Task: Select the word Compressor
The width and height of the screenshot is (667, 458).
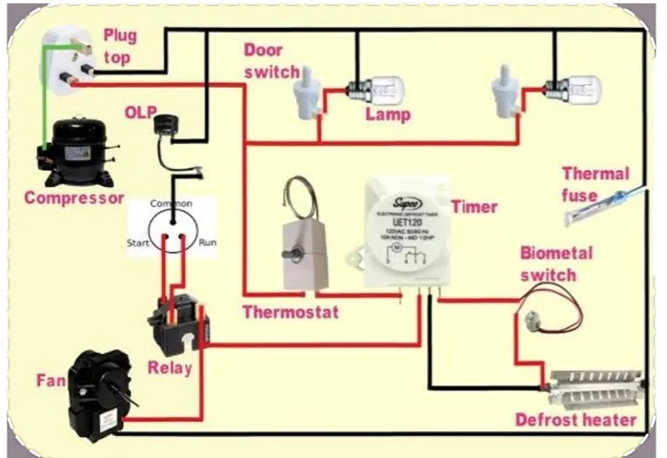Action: pos(73,198)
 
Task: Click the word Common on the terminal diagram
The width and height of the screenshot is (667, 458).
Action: pos(172,204)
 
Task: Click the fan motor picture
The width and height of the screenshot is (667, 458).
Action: pos(98,391)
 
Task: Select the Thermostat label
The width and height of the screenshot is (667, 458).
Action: pos(290,312)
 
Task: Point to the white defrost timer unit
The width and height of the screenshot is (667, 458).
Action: pos(405,234)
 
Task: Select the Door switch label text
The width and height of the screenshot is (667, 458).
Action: pos(272,61)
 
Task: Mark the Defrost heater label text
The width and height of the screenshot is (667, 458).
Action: pos(576,420)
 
